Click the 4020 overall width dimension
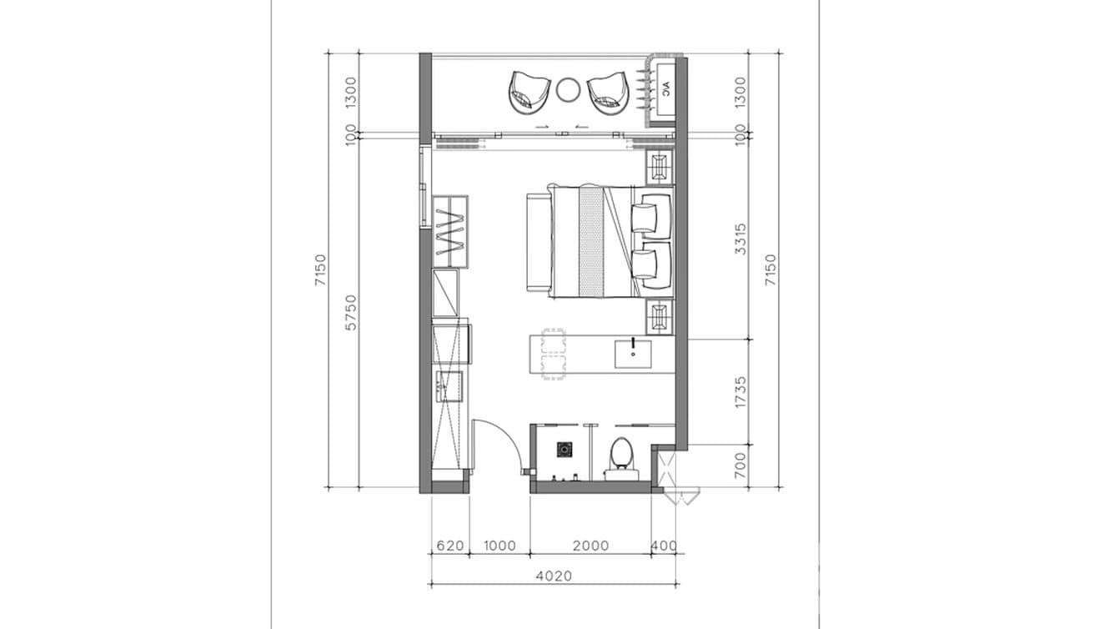tap(554, 575)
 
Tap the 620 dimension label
tap(449, 546)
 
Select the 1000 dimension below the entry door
tap(499, 546)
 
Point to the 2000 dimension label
tap(590, 546)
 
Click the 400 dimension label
tap(664, 546)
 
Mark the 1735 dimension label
tap(740, 392)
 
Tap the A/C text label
tap(666, 88)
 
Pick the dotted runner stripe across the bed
tap(590, 241)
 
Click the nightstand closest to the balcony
tap(660, 168)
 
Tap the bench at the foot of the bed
tap(537, 241)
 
